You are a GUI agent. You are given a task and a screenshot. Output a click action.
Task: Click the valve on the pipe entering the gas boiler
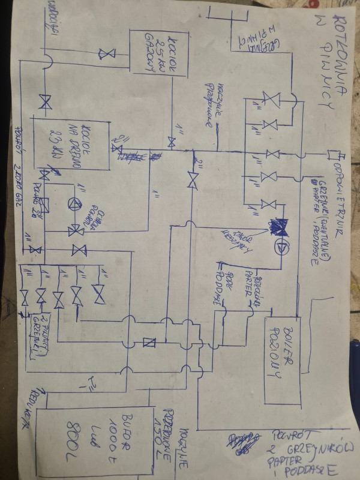point(107,55)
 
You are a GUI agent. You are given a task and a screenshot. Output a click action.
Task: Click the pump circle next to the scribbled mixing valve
point(282,247)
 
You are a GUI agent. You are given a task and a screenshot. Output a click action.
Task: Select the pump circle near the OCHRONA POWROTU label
point(74,204)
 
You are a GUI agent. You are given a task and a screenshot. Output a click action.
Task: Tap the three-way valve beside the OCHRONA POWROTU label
point(76,229)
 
